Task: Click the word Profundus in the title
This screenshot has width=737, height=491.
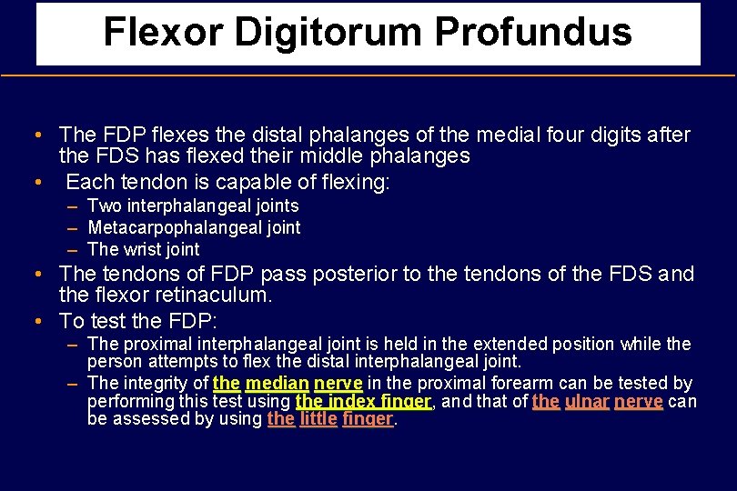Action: point(532,32)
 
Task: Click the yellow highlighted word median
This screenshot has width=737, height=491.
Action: point(277,383)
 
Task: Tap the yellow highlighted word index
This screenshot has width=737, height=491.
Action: point(353,401)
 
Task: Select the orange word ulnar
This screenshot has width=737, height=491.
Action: point(586,401)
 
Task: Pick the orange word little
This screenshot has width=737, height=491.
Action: point(318,419)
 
